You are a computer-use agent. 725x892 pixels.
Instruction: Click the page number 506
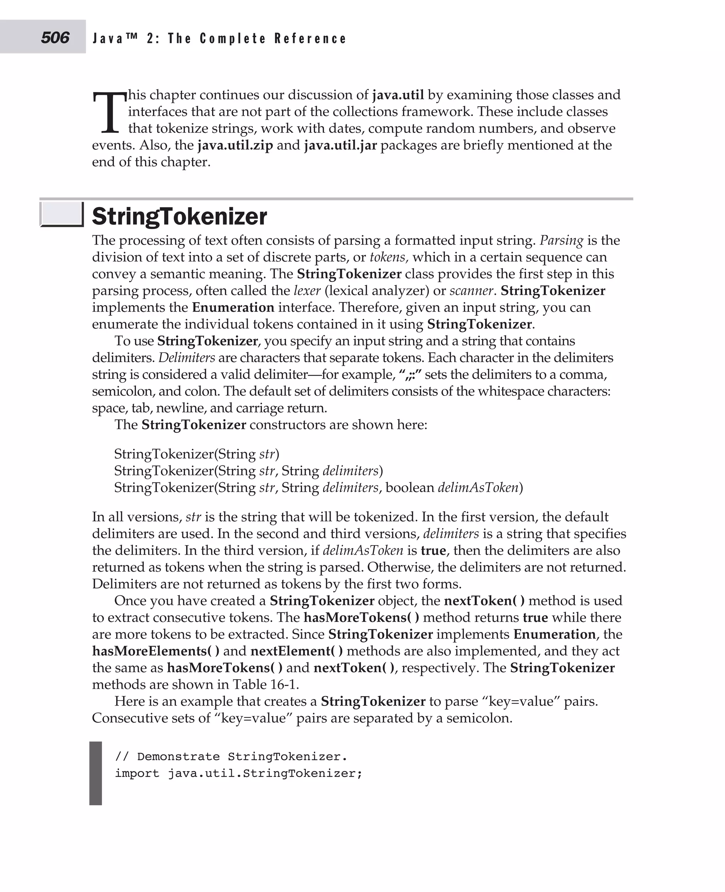[x=55, y=38]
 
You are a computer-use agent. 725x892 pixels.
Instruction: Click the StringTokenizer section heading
[x=179, y=216]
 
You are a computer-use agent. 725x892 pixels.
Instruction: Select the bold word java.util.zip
[x=235, y=145]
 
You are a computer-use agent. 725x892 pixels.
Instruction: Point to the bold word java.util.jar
[x=340, y=145]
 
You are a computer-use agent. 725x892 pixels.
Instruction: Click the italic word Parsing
[x=561, y=241]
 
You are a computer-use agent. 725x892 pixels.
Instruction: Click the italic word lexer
[x=307, y=291]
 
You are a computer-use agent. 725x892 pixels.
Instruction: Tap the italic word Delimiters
[x=187, y=358]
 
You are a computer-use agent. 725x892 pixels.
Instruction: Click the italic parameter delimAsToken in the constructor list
[x=478, y=488]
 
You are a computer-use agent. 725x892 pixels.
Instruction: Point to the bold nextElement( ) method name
[x=297, y=651]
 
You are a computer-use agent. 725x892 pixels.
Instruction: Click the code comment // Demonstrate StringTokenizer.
[x=230, y=757]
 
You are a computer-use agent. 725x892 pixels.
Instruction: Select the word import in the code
[x=137, y=773]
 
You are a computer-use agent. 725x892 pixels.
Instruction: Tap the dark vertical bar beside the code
[x=96, y=773]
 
